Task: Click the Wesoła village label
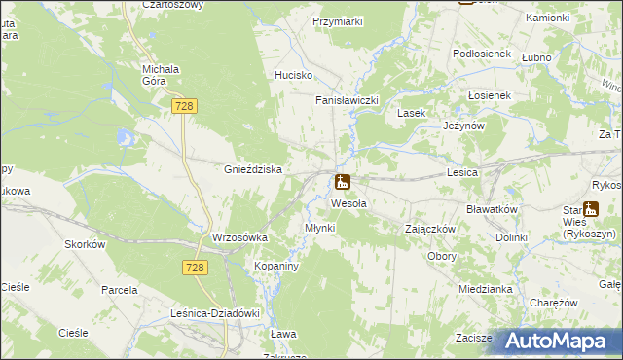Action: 348,203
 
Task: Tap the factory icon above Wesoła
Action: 343,182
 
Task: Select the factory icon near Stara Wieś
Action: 590,208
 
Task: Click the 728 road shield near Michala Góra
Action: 183,104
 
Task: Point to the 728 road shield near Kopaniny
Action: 195,266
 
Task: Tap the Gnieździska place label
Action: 253,169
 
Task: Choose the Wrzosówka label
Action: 239,237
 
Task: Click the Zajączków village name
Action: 430,229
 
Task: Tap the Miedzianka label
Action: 486,289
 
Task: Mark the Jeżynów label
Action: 463,126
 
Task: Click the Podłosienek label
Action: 482,54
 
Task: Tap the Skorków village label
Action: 85,244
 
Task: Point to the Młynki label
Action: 319,228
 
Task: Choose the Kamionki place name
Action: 573,18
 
